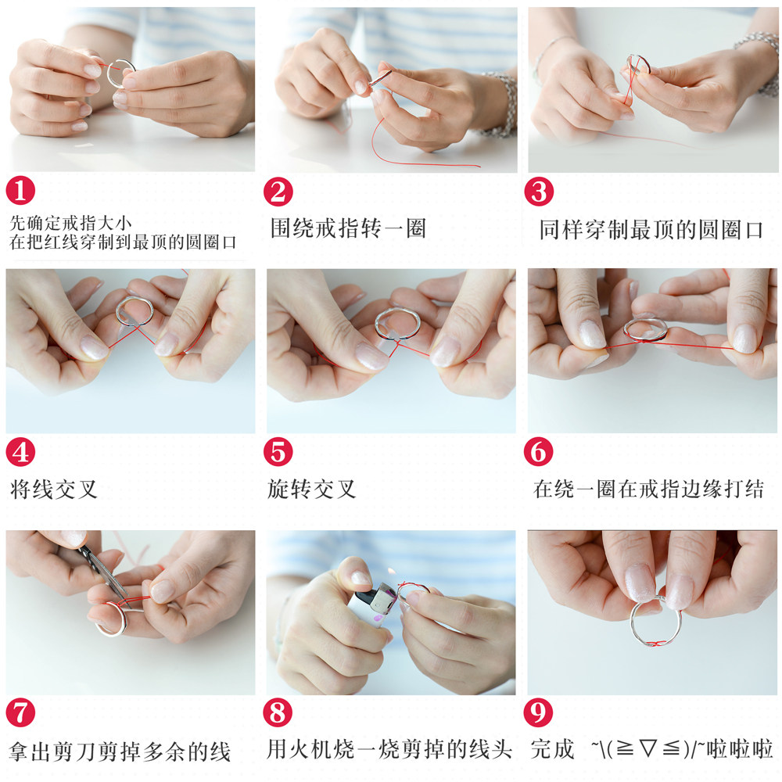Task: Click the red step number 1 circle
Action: pyautogui.click(x=20, y=191)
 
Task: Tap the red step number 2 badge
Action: pyautogui.click(x=278, y=192)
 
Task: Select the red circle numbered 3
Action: pyautogui.click(x=539, y=192)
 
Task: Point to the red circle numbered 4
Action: pyautogui.click(x=20, y=452)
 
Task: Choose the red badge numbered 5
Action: pyautogui.click(x=278, y=452)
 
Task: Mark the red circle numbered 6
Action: pyautogui.click(x=539, y=452)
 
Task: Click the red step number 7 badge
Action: pyautogui.click(x=20, y=712)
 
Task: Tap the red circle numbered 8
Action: pyautogui.click(x=278, y=712)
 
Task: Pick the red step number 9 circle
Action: pyautogui.click(x=538, y=712)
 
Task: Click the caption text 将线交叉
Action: pyautogui.click(x=54, y=490)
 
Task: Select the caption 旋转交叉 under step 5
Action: pyautogui.click(x=312, y=490)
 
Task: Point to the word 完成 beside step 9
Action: pyautogui.click(x=553, y=750)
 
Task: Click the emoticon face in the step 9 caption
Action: pyautogui.click(x=647, y=750)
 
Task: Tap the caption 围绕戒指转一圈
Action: pyautogui.click(x=349, y=228)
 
